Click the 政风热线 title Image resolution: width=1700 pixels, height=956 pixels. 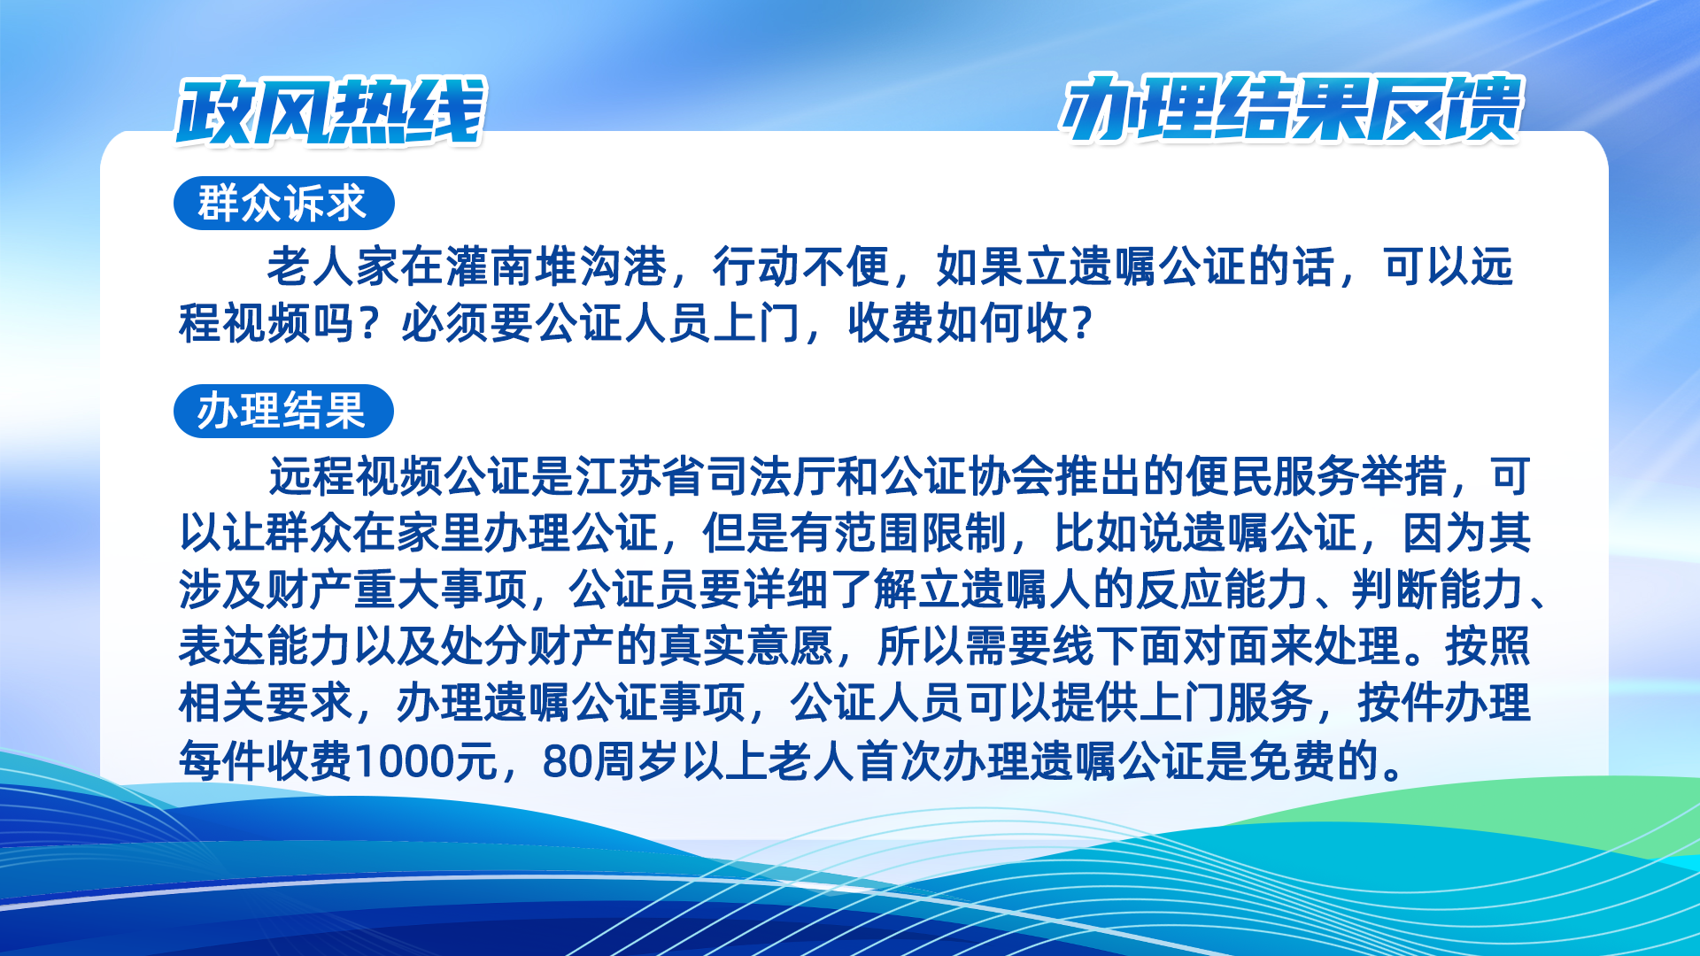click(x=331, y=111)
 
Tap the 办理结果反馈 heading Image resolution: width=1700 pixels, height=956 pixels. click(x=1292, y=108)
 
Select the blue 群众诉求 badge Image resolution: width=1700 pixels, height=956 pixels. click(x=283, y=203)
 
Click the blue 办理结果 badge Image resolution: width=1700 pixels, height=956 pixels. click(x=283, y=411)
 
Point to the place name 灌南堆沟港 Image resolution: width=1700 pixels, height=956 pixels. click(x=556, y=266)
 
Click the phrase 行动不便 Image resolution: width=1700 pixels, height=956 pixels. click(x=801, y=266)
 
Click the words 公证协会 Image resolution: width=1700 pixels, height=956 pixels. click(x=967, y=476)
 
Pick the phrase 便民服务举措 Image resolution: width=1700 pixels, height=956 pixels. click(x=1316, y=476)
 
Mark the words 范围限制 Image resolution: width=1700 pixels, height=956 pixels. click(x=920, y=533)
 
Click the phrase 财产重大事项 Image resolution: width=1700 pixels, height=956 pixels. click(x=397, y=590)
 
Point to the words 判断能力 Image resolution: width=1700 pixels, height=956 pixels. click(x=1438, y=590)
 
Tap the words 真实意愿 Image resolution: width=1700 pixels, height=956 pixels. click(x=746, y=646)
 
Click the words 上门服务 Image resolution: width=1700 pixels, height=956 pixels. click(x=1225, y=703)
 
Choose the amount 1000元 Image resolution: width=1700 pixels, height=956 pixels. click(x=426, y=760)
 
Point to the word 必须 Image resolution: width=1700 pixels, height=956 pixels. click(x=445, y=323)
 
